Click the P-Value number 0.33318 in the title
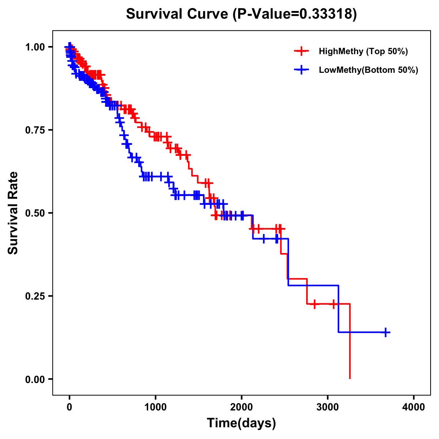(326, 14)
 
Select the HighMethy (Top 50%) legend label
(363, 51)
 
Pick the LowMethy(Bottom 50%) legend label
(368, 70)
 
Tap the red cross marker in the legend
(301, 51)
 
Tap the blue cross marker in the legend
(301, 70)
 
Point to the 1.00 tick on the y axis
(35, 47)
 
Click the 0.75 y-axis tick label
(35, 130)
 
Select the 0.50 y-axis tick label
(35, 213)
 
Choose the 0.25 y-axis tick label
(35, 296)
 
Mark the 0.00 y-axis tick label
(35, 379)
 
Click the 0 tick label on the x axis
(70, 407)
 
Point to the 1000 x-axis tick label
(155, 407)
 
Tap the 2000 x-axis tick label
(241, 407)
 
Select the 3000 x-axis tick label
(328, 407)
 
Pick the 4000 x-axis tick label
(414, 407)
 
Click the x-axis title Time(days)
(241, 423)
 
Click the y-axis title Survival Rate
(14, 213)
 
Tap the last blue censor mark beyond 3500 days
(386, 332)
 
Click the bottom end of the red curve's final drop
(350, 378)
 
